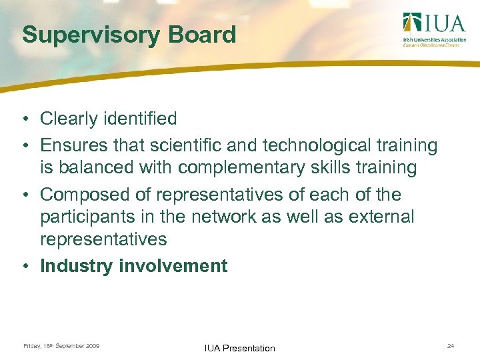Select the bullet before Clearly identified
coord(23,119)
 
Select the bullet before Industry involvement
coord(23,266)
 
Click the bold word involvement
coord(173,266)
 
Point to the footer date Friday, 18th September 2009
coord(61,346)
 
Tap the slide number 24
coord(451,346)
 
